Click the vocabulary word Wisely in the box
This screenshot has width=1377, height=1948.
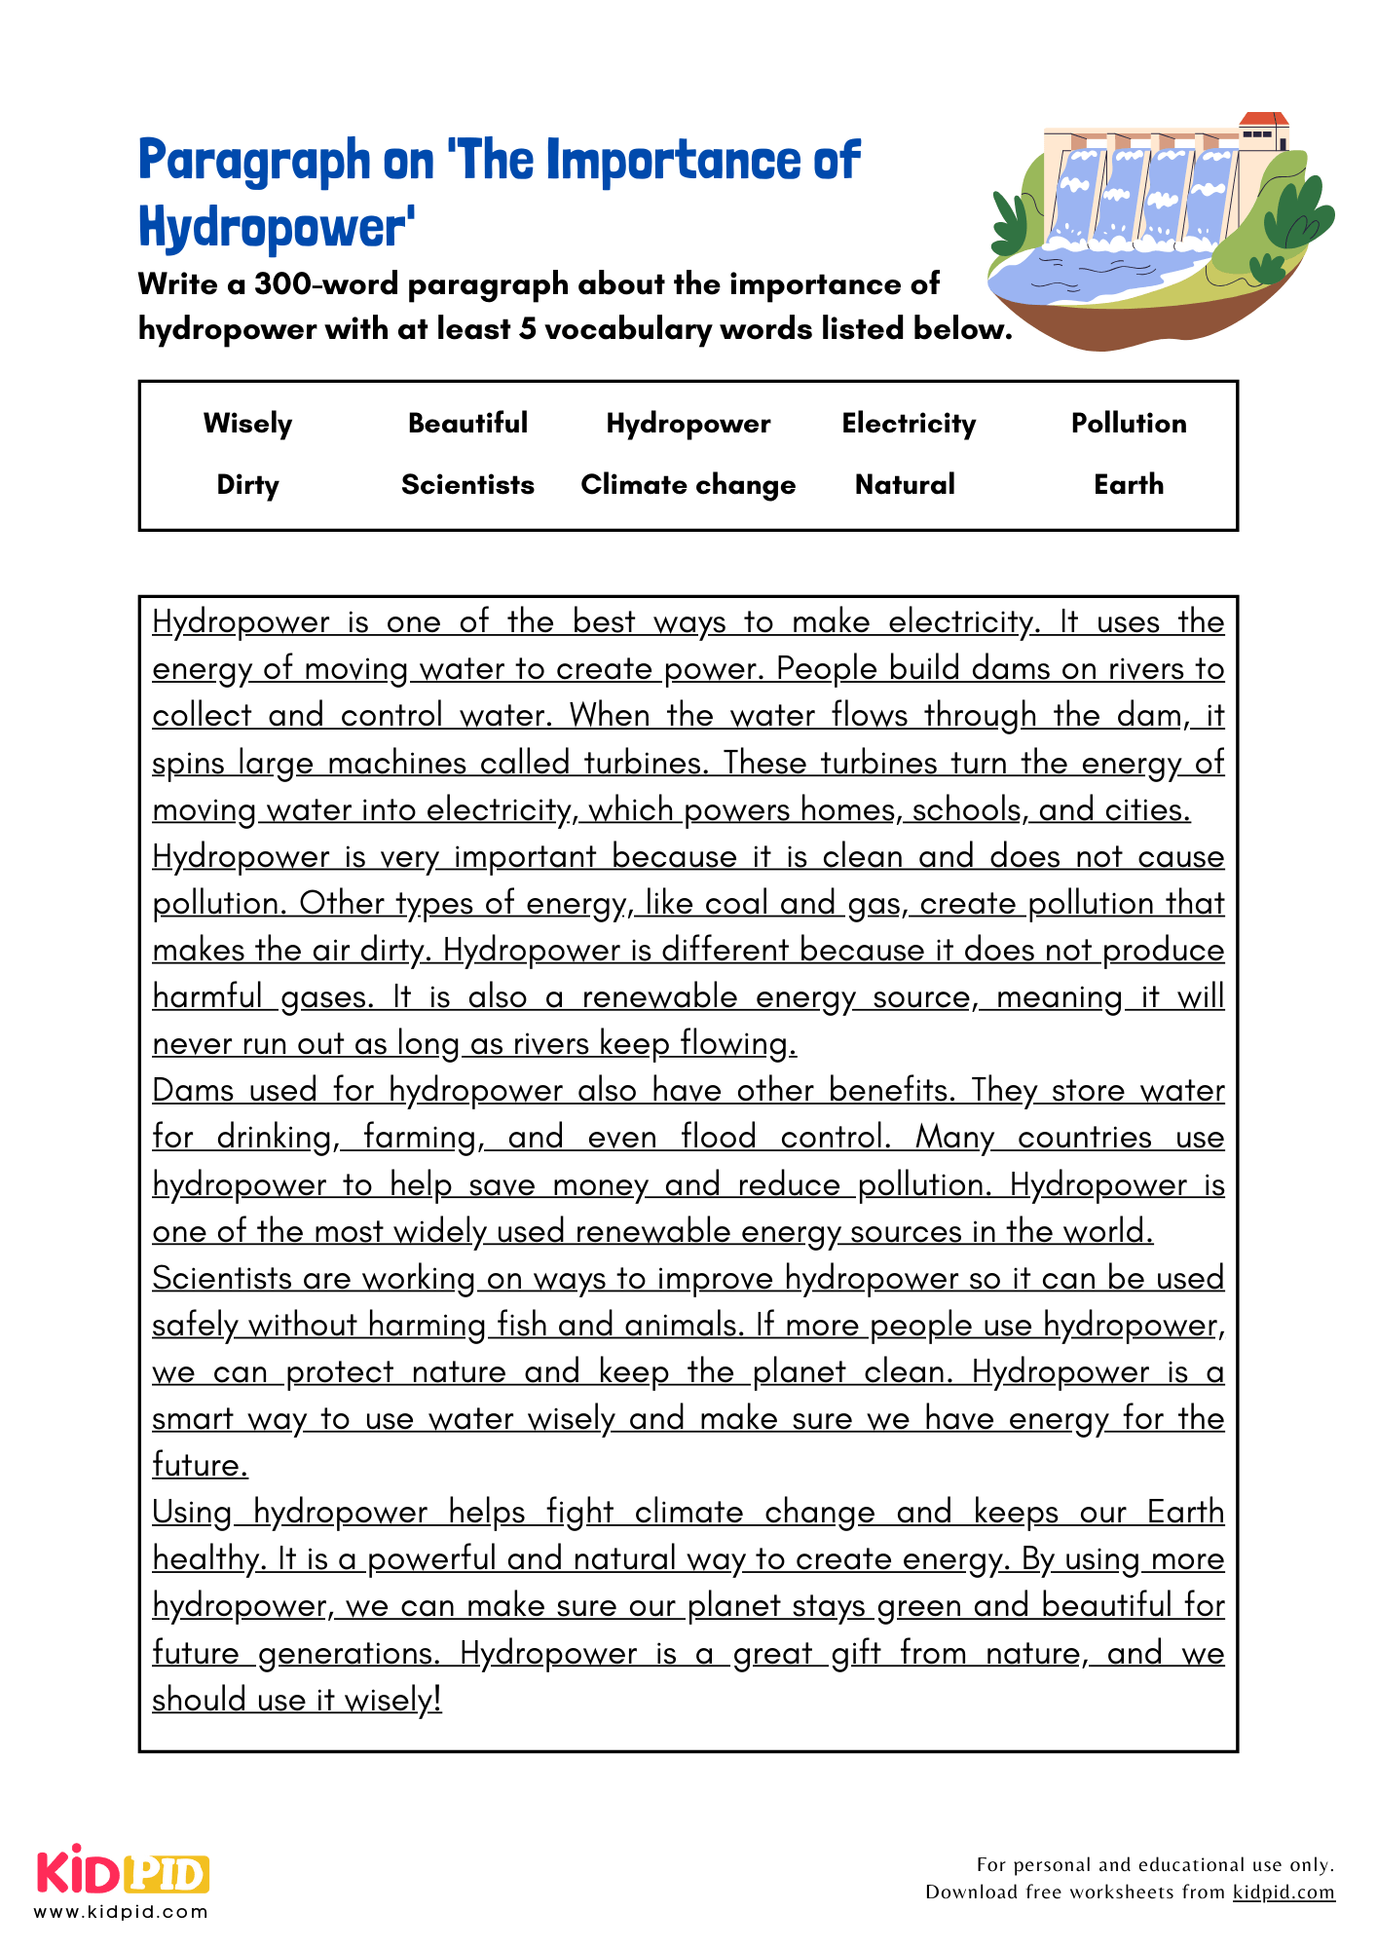[x=247, y=424]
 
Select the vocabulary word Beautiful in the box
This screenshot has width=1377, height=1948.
[x=467, y=423]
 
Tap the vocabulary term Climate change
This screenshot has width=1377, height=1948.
[x=688, y=485]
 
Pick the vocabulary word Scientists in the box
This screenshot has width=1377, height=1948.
[x=467, y=485]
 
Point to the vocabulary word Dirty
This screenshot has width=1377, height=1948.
[x=247, y=485]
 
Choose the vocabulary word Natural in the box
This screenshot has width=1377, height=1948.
[x=905, y=485]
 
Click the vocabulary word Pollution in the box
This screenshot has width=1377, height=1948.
[x=1128, y=423]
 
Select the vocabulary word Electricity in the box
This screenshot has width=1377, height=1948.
[x=908, y=424]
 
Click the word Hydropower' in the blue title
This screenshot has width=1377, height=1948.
[x=277, y=228]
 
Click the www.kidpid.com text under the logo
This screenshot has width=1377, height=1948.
[x=122, y=1912]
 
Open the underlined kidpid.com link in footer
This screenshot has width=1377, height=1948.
[x=1283, y=1892]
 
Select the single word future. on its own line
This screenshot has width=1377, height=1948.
[x=200, y=1465]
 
